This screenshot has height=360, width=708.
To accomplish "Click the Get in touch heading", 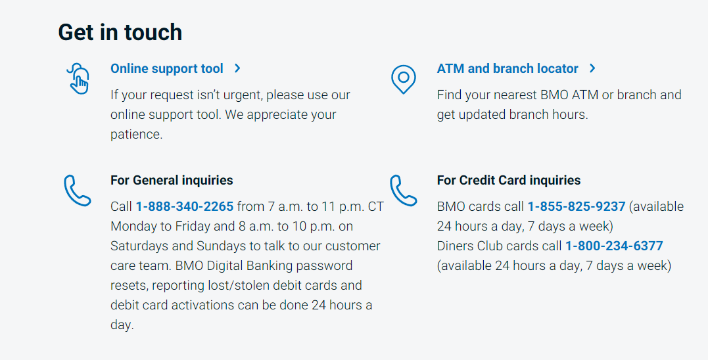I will [x=120, y=32].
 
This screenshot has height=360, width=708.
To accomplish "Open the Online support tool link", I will [x=167, y=69].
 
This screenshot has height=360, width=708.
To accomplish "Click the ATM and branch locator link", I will [x=507, y=69].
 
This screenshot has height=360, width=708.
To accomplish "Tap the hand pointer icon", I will [x=78, y=79].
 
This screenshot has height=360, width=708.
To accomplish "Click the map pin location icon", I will [x=403, y=79].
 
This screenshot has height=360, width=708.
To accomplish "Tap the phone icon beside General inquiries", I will [x=77, y=191].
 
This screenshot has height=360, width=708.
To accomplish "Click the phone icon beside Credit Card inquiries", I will [x=403, y=191].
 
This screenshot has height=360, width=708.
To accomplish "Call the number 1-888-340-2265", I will [x=185, y=207].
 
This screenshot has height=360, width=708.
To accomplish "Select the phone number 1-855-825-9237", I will [x=577, y=207].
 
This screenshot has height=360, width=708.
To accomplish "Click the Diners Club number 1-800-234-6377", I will [x=614, y=246].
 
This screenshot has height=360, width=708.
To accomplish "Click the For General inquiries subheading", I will [x=172, y=181].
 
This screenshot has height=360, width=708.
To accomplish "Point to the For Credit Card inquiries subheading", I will [x=509, y=181].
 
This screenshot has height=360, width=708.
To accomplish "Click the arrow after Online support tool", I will [x=237, y=69].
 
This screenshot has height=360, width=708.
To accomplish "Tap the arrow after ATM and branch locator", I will [x=592, y=69].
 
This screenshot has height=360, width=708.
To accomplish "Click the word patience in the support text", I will [x=136, y=135].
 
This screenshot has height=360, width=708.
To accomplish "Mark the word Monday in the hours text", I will [x=133, y=227].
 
